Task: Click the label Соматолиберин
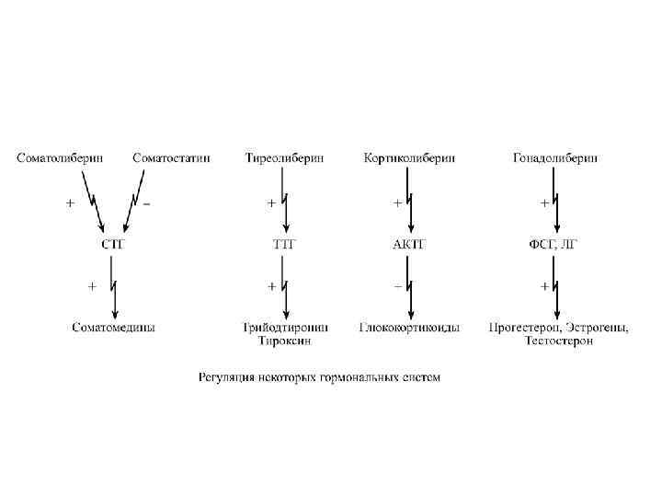click(x=60, y=157)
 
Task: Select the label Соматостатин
click(x=171, y=157)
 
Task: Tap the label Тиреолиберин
click(x=284, y=157)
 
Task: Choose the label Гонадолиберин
click(x=555, y=157)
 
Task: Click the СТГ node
click(x=112, y=244)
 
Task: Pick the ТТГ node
click(x=286, y=244)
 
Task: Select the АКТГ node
click(x=410, y=244)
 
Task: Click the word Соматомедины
click(x=113, y=327)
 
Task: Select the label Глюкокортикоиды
click(x=410, y=327)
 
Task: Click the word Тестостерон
click(x=559, y=341)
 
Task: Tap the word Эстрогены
click(x=598, y=327)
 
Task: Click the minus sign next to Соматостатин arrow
click(x=148, y=202)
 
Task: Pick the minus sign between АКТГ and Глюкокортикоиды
click(x=398, y=286)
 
